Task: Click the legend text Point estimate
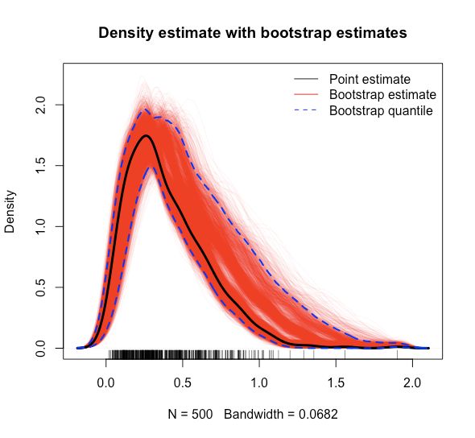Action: pyautogui.click(x=370, y=80)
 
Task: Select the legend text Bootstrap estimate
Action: pyautogui.click(x=382, y=95)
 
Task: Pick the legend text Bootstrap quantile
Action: pyautogui.click(x=381, y=110)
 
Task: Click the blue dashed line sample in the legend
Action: pyautogui.click(x=305, y=110)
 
